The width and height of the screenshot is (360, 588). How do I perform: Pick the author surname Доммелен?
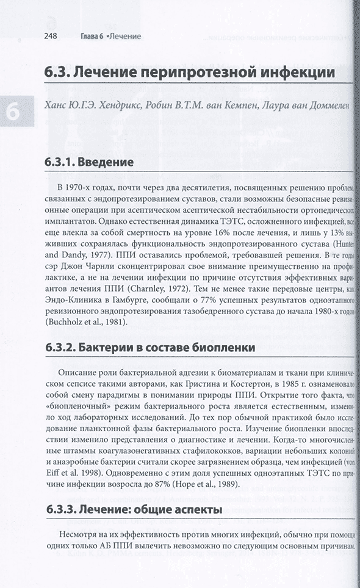click(327, 106)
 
